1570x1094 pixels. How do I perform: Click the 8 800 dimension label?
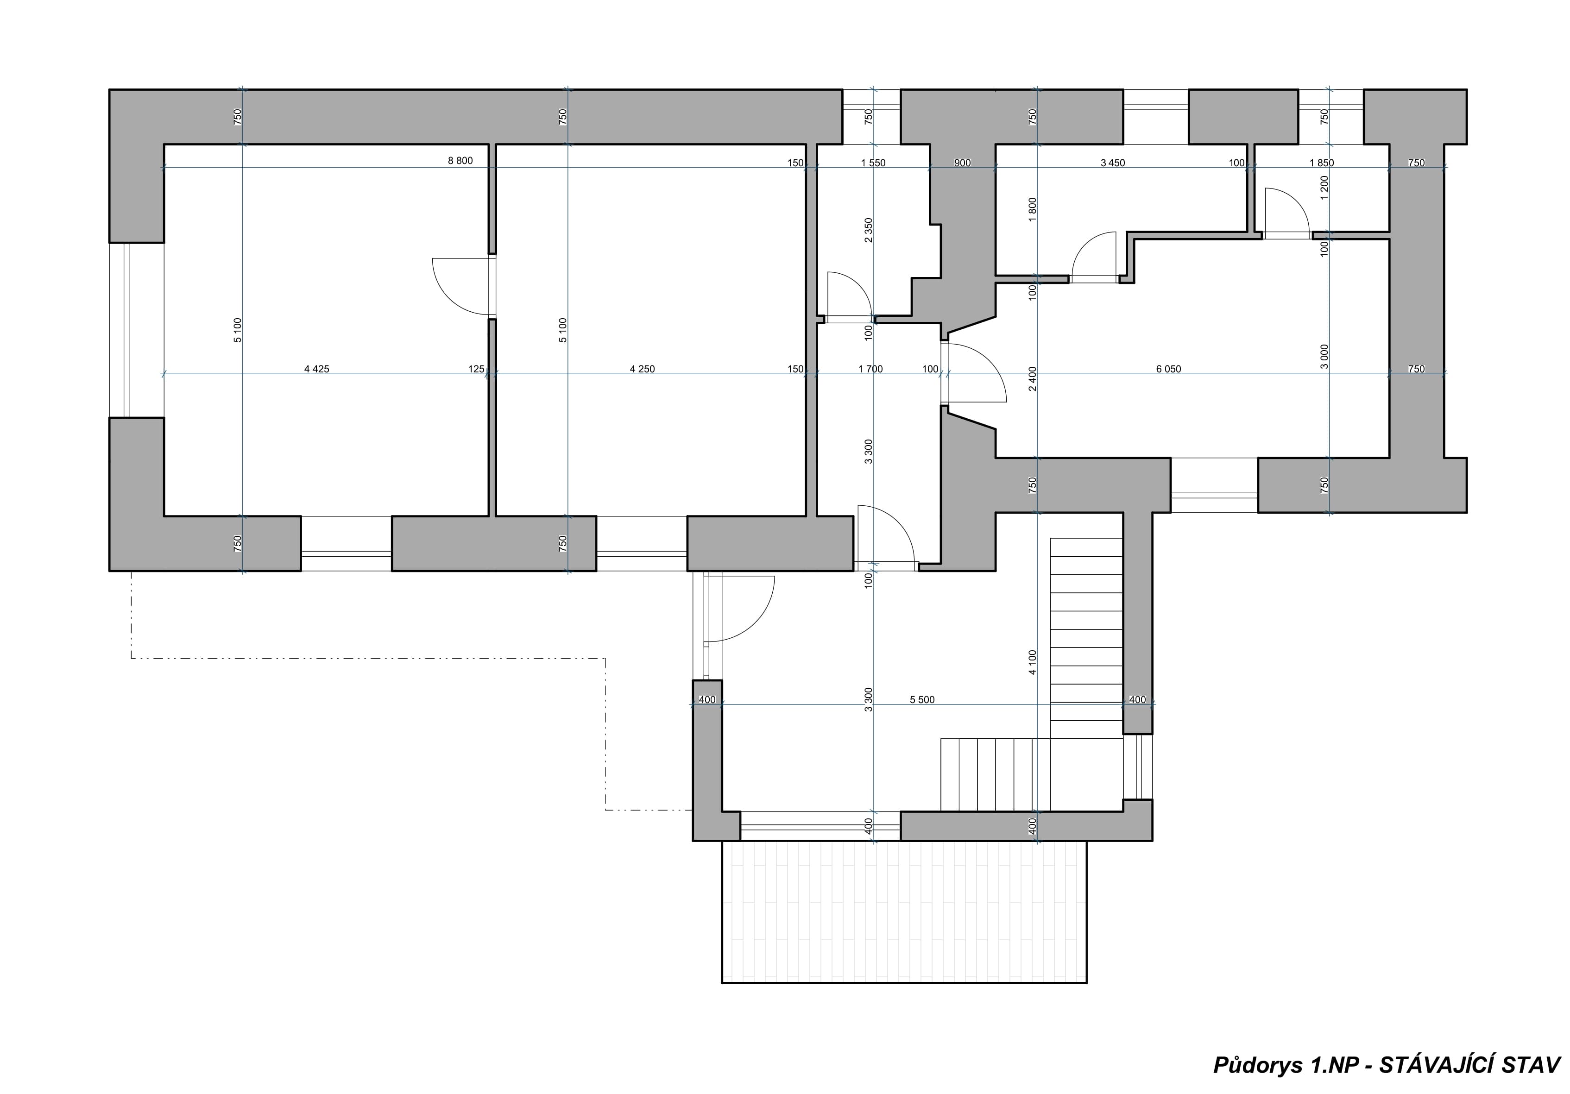pos(460,161)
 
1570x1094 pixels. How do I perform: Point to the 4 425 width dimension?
pos(316,369)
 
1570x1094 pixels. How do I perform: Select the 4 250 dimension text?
pos(642,369)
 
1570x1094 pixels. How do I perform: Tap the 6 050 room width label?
pos(1169,369)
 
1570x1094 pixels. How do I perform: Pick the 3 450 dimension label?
pos(1113,163)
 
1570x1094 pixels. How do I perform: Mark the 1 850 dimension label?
pos(1322,163)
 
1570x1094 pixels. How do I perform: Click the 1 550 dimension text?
pos(873,163)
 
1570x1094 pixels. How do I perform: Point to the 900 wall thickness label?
pos(962,163)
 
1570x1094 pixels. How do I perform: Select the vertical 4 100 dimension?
pos(1033,662)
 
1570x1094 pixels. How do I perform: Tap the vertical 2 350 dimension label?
pos(869,230)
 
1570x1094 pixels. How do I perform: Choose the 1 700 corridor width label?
pos(870,369)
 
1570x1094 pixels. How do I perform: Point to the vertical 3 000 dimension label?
pos(1324,356)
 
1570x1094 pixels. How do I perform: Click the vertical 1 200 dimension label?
pos(1324,188)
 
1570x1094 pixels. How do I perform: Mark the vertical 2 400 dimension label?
pos(1033,378)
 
